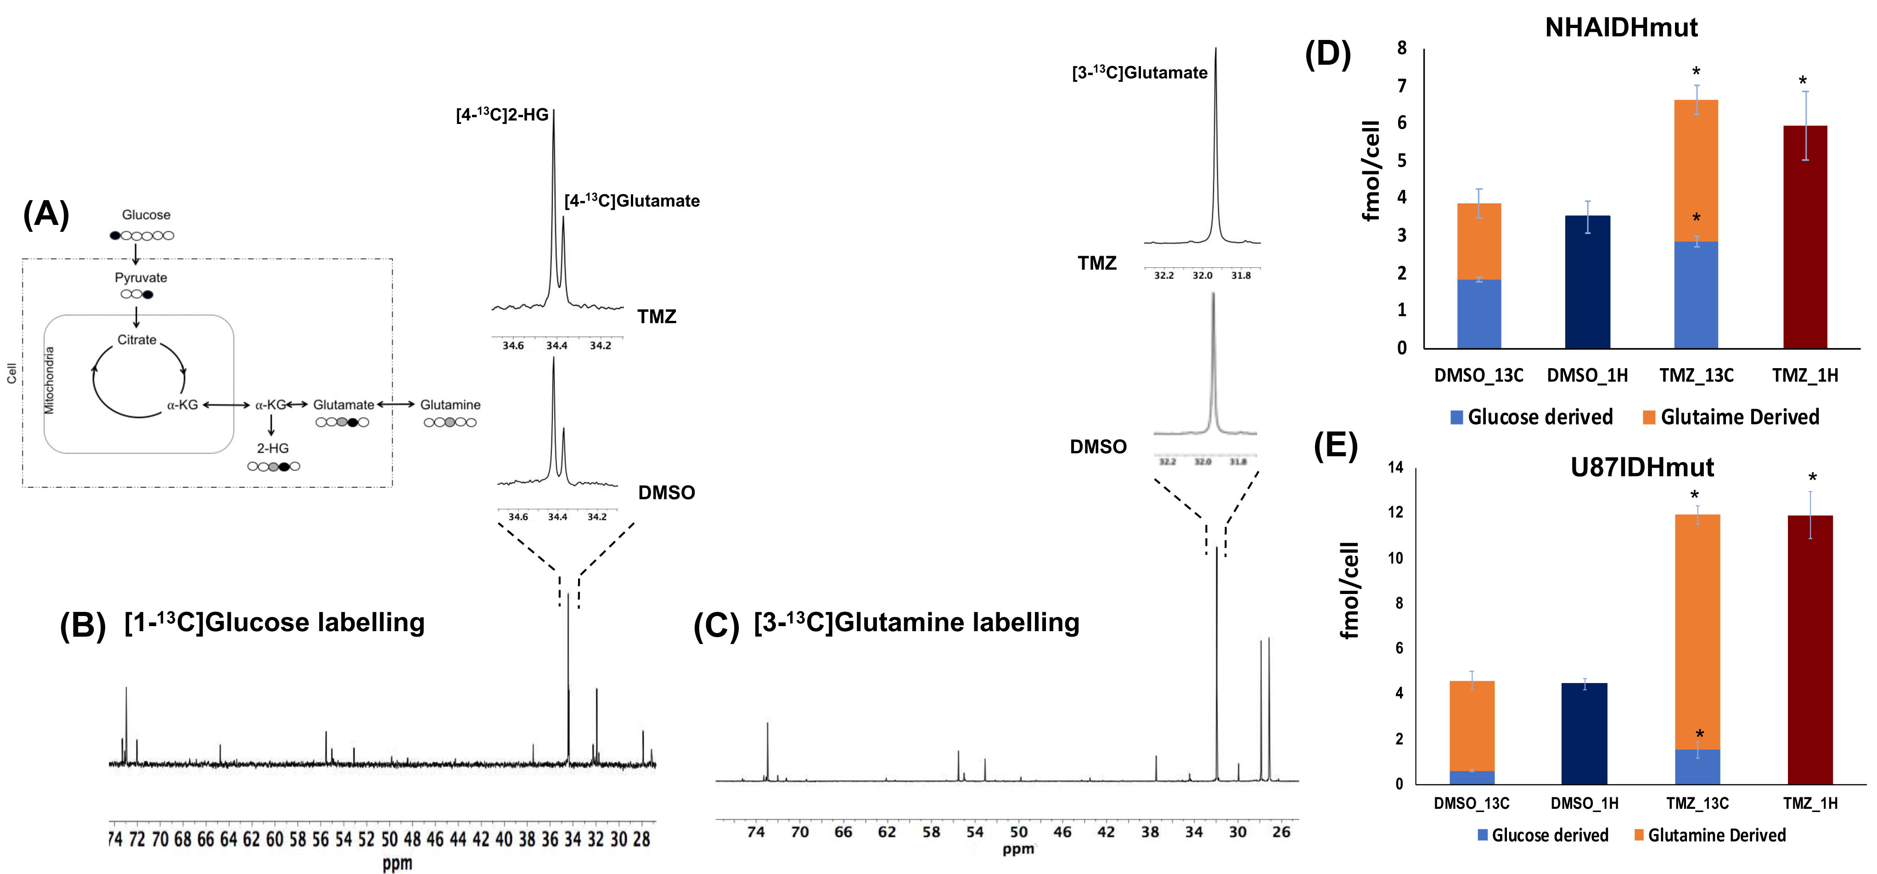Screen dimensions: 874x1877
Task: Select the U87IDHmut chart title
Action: [x=1641, y=467]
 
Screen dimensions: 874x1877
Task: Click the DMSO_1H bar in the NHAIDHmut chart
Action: [x=1587, y=283]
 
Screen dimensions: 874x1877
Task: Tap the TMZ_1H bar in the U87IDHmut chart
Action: [x=1810, y=648]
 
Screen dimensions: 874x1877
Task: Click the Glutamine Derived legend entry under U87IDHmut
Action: [x=1716, y=835]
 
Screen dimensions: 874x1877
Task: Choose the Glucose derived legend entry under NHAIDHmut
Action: [x=1539, y=417]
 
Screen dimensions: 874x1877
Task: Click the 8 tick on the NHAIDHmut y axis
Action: [x=1401, y=48]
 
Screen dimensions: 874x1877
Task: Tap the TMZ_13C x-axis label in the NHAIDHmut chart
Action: [x=1696, y=376]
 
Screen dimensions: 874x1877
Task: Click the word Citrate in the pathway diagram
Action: [x=137, y=340]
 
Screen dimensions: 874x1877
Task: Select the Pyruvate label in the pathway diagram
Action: [x=140, y=278]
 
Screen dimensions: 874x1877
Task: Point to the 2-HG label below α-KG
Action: [x=273, y=448]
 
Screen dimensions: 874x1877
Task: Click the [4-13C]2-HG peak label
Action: [x=502, y=115]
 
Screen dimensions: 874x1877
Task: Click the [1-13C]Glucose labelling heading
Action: [x=275, y=623]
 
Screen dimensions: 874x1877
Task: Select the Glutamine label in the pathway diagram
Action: [x=450, y=405]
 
